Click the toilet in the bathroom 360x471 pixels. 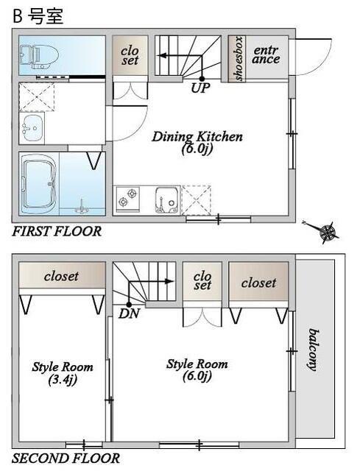pos(39,56)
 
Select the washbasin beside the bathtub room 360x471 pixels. pos(32,128)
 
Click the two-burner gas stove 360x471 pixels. pos(128,197)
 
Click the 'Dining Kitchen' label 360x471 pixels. pos(197,137)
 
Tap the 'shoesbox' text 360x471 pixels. pos(239,59)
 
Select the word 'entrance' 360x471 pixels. pos(266,54)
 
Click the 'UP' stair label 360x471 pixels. pos(200,88)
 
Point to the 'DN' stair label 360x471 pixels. pos(130,314)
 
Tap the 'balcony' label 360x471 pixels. pos(314,350)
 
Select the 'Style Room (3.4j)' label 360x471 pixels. pos(63,373)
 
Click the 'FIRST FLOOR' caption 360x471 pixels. pos(57,232)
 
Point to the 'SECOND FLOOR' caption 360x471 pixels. pos(66,458)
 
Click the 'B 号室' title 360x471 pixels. pos(38,16)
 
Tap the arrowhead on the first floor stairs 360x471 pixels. pos(162,56)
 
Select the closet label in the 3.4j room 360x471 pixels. pos(61,277)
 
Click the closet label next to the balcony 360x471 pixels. pos(258,283)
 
